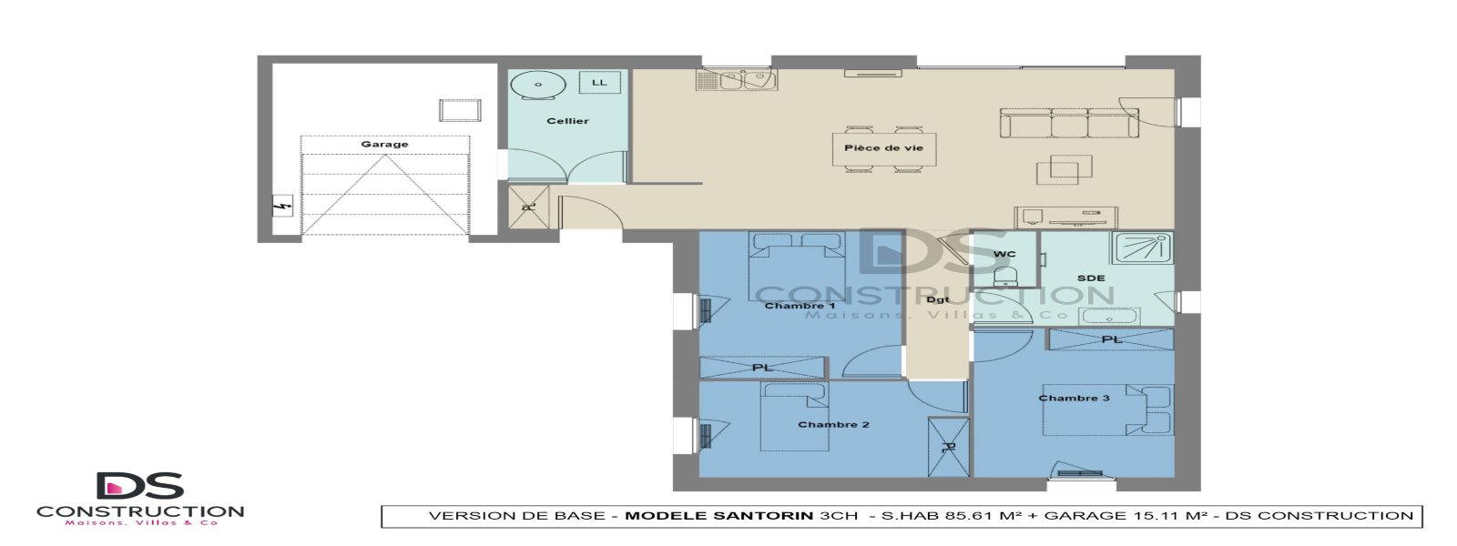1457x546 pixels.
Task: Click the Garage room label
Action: coord(384,144)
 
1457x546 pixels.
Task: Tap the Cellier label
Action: coord(567,120)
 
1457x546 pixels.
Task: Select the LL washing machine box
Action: coord(599,83)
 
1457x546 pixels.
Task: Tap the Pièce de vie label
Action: coord(883,147)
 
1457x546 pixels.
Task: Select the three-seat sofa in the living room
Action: coord(1069,124)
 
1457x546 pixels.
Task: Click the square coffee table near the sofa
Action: coord(1065,167)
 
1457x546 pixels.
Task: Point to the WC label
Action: coord(1004,254)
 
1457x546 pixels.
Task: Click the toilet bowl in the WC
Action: coord(1005,275)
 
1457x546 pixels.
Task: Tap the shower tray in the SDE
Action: coord(1141,248)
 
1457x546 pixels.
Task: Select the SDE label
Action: coord(1091,278)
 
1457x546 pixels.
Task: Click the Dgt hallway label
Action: coord(938,299)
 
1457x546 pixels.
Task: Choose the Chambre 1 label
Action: coord(800,306)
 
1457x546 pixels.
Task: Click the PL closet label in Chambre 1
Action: coord(762,368)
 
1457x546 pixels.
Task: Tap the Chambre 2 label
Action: coord(833,424)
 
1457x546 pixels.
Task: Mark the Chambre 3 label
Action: coord(1074,398)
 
